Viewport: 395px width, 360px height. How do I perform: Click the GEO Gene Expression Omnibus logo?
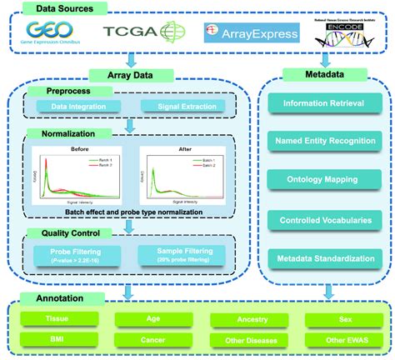(x=54, y=33)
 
